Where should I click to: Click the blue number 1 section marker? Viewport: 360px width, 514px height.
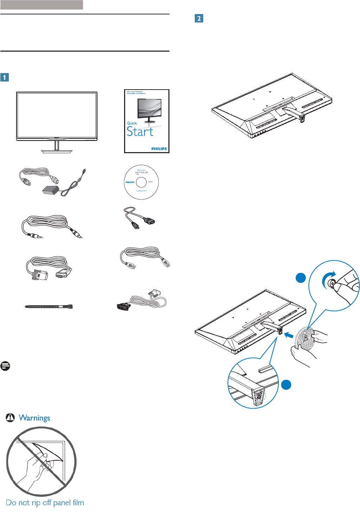pos(5,77)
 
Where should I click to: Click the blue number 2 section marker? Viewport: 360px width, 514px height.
pos(199,18)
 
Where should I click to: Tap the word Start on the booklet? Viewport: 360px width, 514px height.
pos(140,132)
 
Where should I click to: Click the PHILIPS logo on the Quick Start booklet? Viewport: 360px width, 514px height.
pos(159,149)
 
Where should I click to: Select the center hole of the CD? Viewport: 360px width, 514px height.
pos(141,182)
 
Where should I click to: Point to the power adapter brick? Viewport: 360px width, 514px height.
pos(51,190)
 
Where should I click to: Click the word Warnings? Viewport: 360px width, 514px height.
pos(34,418)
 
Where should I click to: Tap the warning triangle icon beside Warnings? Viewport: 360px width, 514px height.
pos(10,417)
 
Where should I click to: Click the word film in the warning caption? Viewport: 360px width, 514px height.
pos(78,503)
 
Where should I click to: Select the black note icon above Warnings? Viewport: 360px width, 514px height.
pos(5,366)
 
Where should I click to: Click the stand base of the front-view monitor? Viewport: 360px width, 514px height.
pos(57,151)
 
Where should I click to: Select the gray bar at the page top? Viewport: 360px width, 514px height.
pos(41,5)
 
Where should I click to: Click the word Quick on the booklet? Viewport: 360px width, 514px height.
pos(132,123)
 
